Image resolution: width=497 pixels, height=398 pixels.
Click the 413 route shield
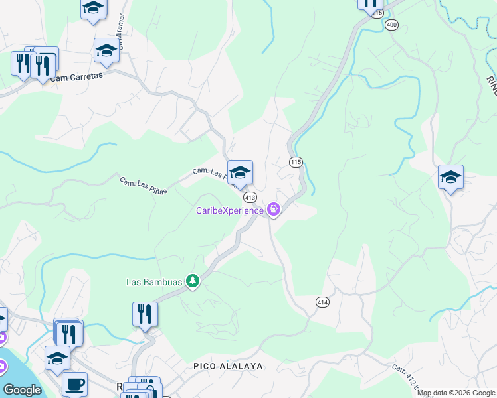click(250, 198)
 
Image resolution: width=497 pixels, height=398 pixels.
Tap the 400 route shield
click(391, 25)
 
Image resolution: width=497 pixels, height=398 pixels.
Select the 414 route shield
click(322, 302)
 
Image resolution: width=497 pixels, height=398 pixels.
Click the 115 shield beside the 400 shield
click(377, 13)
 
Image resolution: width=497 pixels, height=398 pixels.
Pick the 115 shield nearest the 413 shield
click(296, 162)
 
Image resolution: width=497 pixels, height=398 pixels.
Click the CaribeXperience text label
click(229, 211)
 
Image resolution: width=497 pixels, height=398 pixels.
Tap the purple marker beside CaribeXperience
click(273, 211)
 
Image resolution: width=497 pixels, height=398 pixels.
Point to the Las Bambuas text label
click(154, 282)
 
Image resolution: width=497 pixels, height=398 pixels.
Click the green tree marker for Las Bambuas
click(193, 282)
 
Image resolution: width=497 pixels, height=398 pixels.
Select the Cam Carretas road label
click(77, 77)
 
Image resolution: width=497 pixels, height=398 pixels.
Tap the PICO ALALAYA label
click(229, 366)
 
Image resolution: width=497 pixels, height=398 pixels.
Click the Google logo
click(22, 390)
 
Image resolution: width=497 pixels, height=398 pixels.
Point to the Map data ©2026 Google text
click(456, 393)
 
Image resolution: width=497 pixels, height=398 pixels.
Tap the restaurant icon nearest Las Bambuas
click(145, 314)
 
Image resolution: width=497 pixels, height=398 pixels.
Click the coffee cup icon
click(74, 383)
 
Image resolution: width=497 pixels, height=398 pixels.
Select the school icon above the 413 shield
click(240, 172)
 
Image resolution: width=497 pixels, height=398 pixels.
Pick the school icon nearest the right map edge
click(450, 177)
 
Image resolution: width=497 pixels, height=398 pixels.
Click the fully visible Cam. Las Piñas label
click(143, 186)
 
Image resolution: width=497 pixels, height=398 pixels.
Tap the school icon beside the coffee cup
click(58, 358)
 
